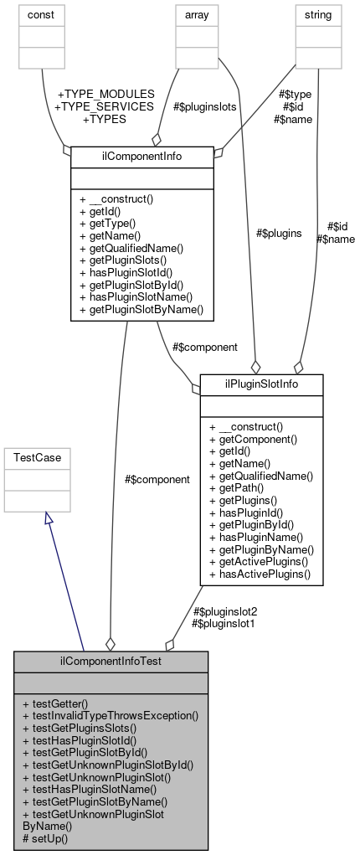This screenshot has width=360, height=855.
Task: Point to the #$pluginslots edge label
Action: [x=204, y=106]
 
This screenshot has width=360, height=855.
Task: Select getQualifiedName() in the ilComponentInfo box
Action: [x=131, y=248]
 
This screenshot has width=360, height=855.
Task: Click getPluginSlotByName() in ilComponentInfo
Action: [x=141, y=309]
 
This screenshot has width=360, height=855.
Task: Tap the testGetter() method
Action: [x=61, y=703]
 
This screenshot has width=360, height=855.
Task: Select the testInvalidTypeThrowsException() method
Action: [x=110, y=716]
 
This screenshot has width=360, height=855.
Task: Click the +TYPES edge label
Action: [x=105, y=119]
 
